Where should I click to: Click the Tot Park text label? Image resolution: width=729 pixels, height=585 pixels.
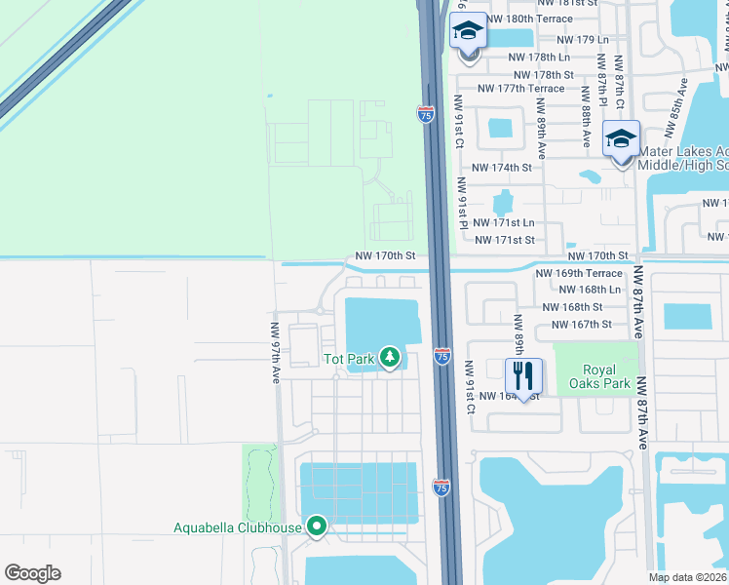pos(349,360)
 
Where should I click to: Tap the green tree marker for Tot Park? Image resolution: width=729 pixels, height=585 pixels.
pos(390,359)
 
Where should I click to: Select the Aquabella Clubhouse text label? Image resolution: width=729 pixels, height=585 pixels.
pos(237,528)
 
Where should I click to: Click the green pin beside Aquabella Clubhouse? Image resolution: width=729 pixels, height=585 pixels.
pos(316,527)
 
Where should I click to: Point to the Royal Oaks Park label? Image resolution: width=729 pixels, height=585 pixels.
pos(606,377)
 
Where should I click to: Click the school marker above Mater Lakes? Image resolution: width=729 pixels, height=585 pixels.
pos(621,139)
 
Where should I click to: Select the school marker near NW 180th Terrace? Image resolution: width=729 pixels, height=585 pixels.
pos(468,31)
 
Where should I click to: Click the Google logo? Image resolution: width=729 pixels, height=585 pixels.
pos(32,573)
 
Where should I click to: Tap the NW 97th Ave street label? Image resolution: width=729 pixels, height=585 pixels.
pos(276,352)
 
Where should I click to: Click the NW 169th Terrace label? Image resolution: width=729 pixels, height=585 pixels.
pos(579,274)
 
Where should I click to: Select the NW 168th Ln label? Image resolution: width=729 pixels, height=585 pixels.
pos(586,290)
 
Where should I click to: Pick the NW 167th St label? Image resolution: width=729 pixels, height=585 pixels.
pos(581,325)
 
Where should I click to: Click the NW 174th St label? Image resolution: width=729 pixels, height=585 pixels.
pos(502,168)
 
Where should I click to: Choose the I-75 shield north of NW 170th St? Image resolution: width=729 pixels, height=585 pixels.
pos(426,114)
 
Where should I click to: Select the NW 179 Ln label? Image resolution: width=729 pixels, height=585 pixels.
pos(582,40)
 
